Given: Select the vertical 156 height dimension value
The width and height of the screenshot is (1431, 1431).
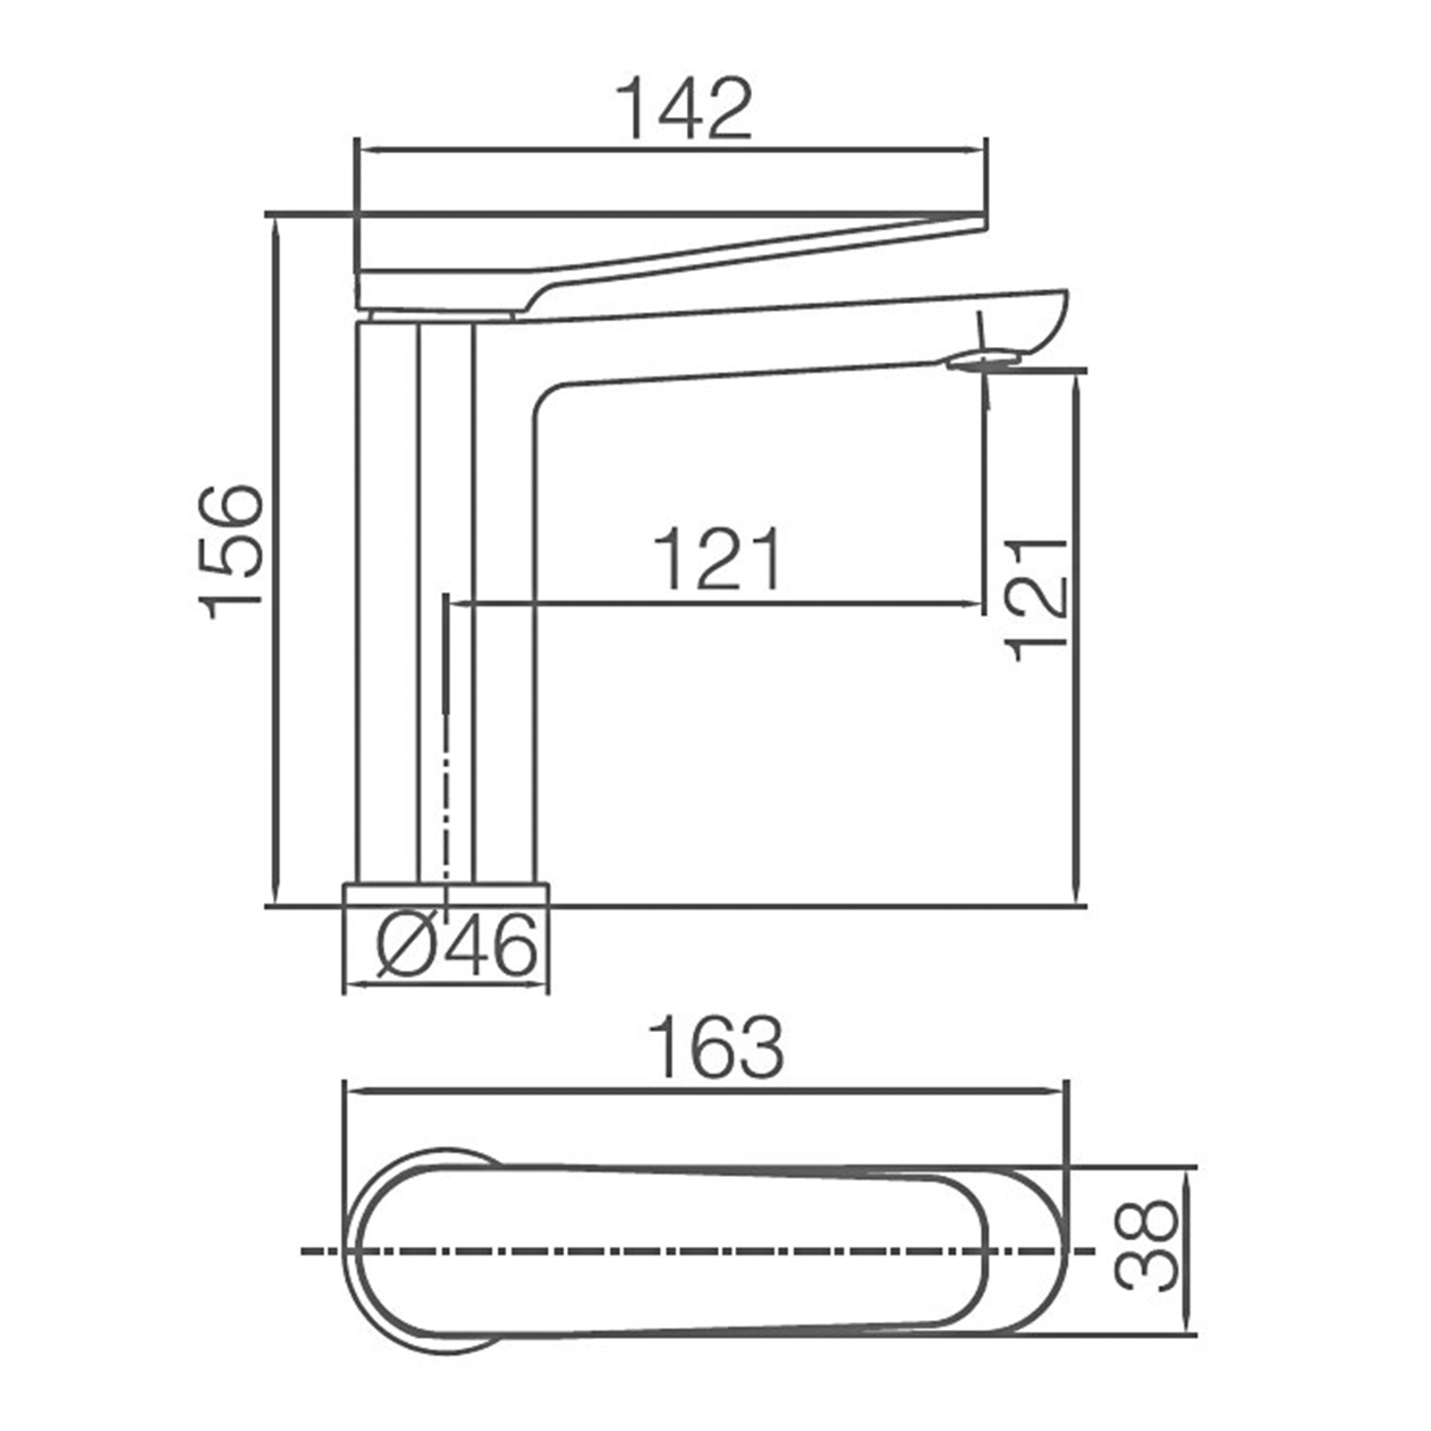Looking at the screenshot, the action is click(232, 552).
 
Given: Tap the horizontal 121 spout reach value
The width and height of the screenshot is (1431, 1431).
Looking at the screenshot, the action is click(718, 560).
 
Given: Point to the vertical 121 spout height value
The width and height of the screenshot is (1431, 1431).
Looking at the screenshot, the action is click(1037, 599).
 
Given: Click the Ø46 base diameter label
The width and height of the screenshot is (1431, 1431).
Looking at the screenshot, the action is click(457, 945).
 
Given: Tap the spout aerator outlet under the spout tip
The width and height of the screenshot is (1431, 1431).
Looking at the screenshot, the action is click(983, 361).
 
